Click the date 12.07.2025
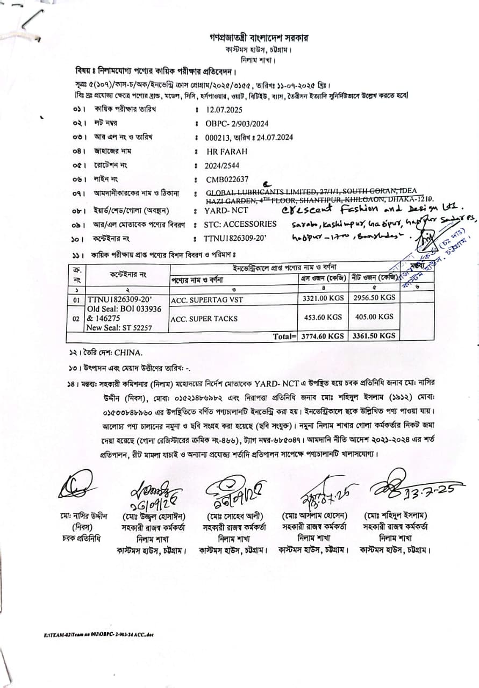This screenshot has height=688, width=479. tap(224, 109)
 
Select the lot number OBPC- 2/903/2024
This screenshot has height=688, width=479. tap(237, 123)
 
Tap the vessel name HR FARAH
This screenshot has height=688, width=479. tap(227, 152)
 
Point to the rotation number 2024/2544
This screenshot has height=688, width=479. tap(222, 166)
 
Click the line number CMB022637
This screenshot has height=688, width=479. tap(227, 180)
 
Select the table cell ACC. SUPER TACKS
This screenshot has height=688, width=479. tap(204, 319)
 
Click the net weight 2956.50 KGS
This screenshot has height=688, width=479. tap(374, 297)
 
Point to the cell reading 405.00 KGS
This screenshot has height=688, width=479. tap(374, 317)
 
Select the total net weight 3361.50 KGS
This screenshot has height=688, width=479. tap(374, 336)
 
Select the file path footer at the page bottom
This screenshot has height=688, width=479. tap(99, 634)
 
